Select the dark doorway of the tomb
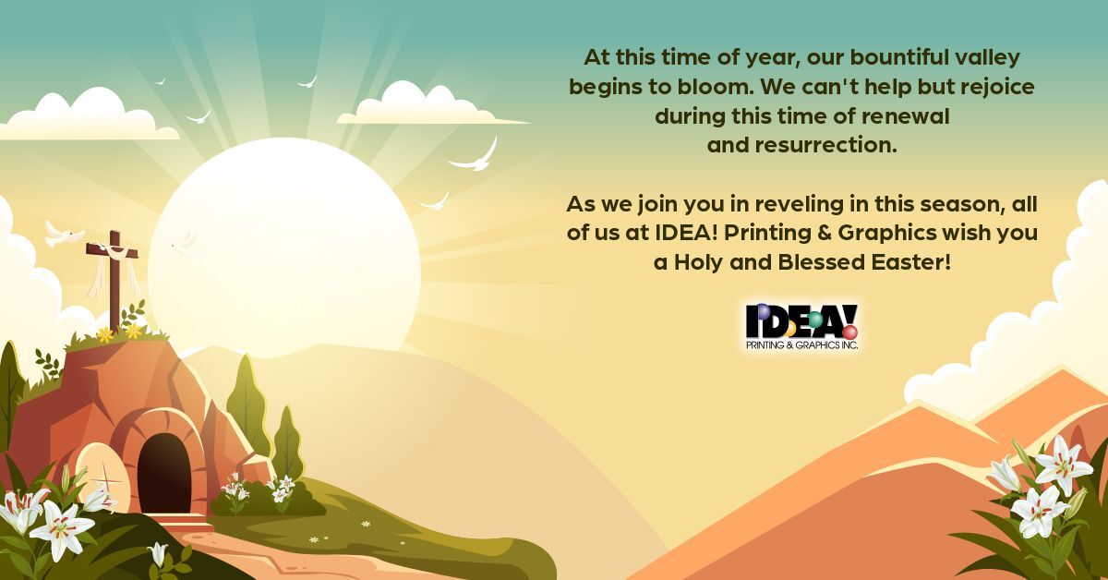click(164, 473)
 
